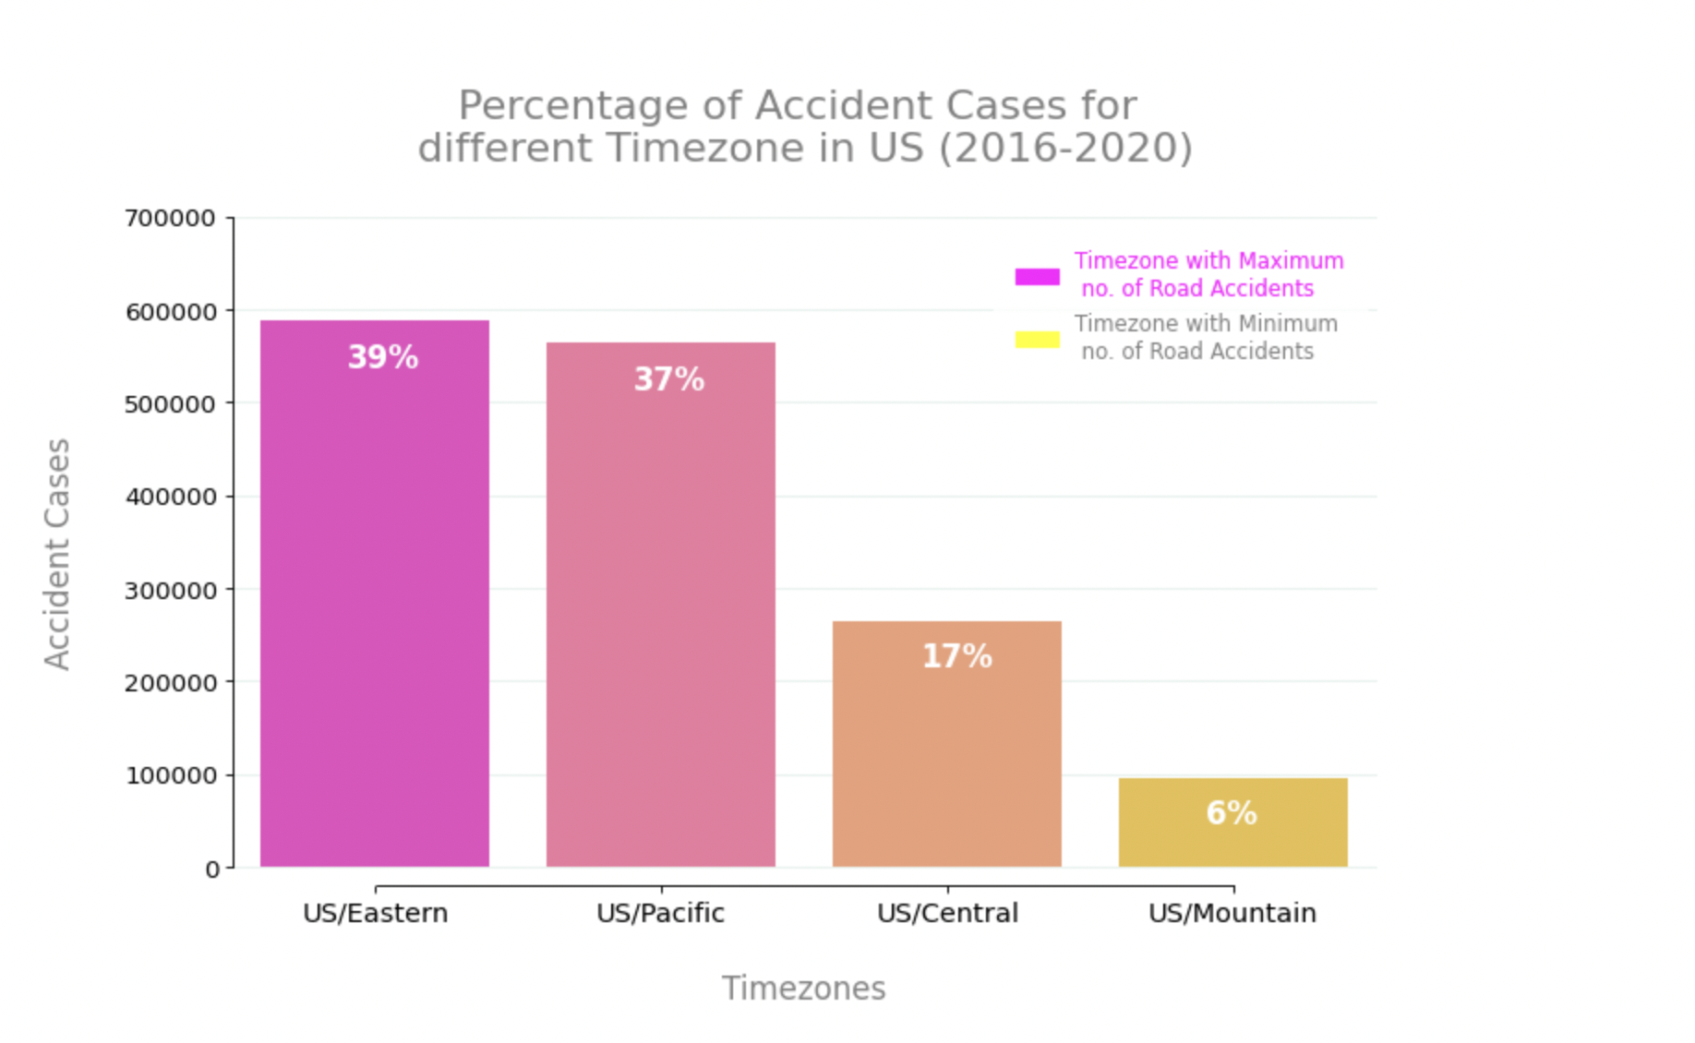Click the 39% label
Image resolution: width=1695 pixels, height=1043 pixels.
click(382, 357)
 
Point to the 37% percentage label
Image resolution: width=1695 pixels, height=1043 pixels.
click(668, 379)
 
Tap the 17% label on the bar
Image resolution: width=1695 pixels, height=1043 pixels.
click(956, 656)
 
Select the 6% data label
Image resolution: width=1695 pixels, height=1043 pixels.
click(1231, 813)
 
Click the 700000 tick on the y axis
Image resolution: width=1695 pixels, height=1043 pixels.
click(170, 219)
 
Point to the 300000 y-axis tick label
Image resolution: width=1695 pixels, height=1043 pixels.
click(170, 591)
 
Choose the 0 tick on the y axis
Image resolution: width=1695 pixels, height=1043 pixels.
click(213, 869)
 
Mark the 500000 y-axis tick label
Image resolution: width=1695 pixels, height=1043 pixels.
click(170, 404)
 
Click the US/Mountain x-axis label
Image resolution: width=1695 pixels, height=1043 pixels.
click(1232, 913)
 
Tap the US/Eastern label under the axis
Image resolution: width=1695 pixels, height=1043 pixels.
click(375, 913)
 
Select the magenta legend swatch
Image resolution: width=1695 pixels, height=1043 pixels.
click(1037, 276)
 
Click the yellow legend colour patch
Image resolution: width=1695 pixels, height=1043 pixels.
click(1037, 339)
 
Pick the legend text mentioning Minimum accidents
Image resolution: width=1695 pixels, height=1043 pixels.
click(1205, 337)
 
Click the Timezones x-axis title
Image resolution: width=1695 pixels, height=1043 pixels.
click(803, 989)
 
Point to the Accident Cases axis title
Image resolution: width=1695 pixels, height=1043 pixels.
click(57, 554)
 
